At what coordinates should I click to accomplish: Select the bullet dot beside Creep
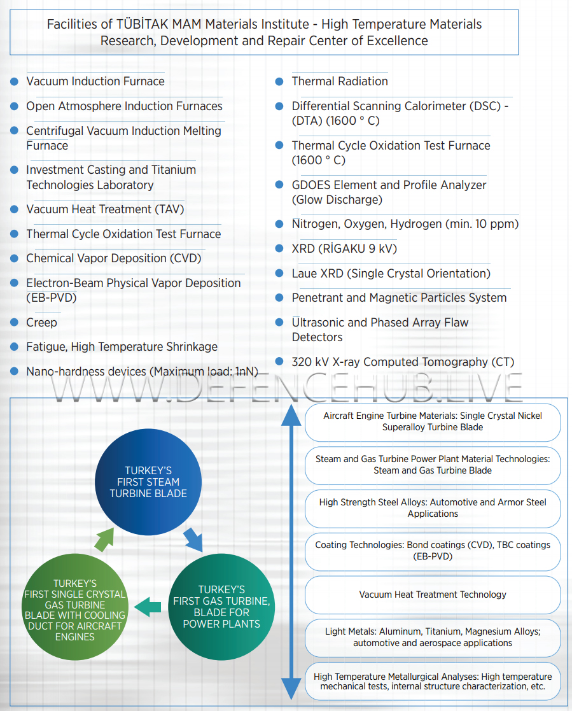pyautogui.click(x=14, y=323)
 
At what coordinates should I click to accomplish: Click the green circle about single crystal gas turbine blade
pyautogui.click(x=74, y=609)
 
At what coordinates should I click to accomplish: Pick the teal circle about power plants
pyautogui.click(x=221, y=606)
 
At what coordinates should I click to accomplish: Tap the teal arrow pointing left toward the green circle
pyautogui.click(x=148, y=607)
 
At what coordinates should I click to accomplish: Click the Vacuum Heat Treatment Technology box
pyautogui.click(x=433, y=595)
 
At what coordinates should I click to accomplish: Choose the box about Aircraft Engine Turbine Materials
pyautogui.click(x=433, y=421)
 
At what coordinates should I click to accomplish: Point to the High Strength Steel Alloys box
pyautogui.click(x=433, y=508)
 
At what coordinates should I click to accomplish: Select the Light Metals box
pyautogui.click(x=433, y=637)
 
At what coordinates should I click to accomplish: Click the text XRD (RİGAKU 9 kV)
pyautogui.click(x=344, y=249)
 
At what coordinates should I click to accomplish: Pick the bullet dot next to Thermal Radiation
pyautogui.click(x=279, y=81)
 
